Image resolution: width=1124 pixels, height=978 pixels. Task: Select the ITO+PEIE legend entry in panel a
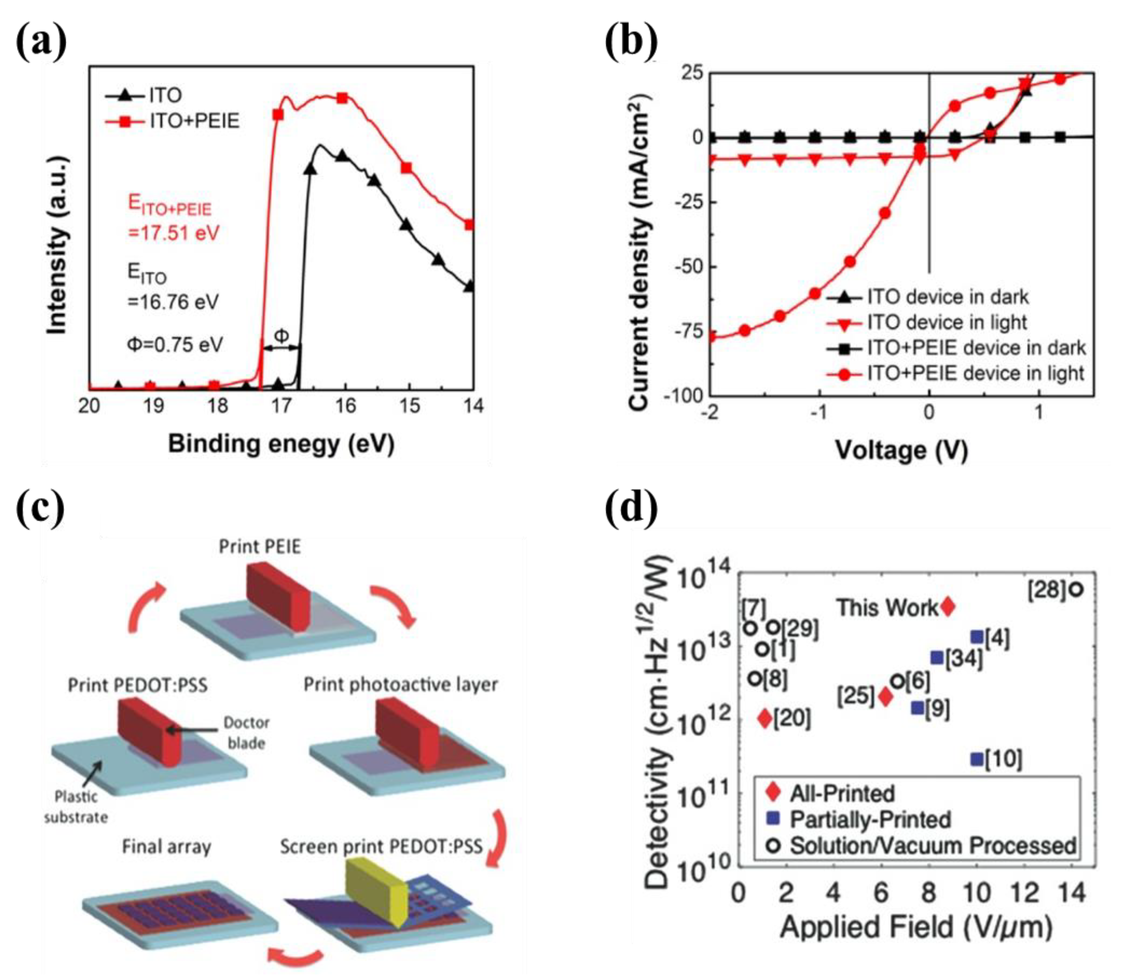pos(193,121)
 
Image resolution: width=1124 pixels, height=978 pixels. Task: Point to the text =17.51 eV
pos(173,234)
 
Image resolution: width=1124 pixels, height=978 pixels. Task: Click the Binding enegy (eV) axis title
pos(281,444)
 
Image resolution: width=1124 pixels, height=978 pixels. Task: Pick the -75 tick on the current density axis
pos(689,332)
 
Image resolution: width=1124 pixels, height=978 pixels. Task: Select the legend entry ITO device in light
pos(946,322)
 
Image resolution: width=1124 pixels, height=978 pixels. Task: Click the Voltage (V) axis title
pos(901,450)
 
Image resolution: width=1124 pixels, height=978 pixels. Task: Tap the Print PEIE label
pos(260,547)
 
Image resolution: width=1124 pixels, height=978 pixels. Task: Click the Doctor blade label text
pos(246,733)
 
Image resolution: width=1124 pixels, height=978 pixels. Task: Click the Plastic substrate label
pos(76,807)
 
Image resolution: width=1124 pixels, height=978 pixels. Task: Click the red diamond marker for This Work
pos(948,606)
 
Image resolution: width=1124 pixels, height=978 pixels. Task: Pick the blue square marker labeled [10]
pos(977,759)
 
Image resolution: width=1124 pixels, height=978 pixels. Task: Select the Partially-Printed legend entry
pos(870,819)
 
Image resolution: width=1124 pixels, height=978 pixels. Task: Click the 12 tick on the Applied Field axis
pos(1025,893)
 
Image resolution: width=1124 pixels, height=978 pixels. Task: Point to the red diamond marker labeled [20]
pos(765,719)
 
